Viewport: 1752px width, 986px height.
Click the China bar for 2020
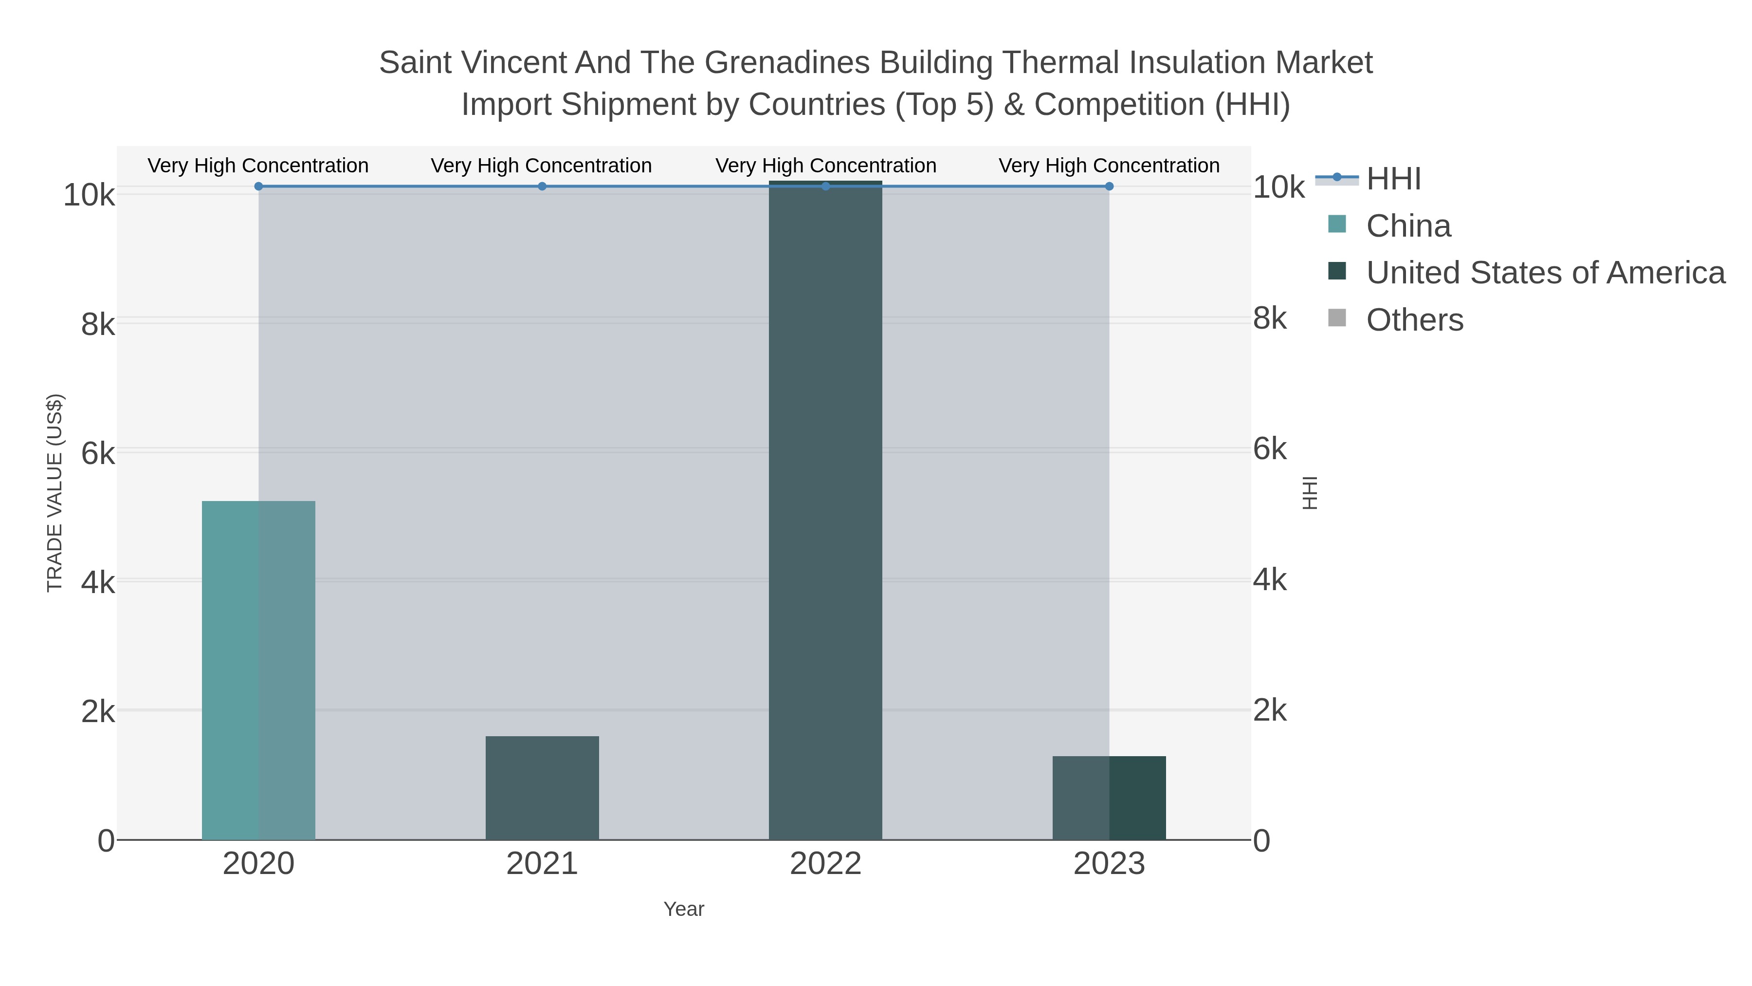tap(258, 670)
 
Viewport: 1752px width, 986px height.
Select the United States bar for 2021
tap(542, 788)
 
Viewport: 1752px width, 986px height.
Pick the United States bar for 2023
tap(1109, 798)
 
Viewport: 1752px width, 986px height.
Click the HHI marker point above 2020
tap(258, 186)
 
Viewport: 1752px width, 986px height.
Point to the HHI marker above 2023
tap(1109, 186)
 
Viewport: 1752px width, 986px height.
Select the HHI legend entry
tap(1393, 179)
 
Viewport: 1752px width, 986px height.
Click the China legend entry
tap(1408, 226)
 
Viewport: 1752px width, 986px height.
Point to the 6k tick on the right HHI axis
tap(1270, 449)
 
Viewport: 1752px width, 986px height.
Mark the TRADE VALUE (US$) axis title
tap(55, 493)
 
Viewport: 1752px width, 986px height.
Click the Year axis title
tap(684, 909)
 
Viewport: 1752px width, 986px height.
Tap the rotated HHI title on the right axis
tap(1310, 493)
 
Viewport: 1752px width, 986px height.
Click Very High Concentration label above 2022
tap(826, 166)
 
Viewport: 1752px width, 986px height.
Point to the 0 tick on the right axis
tap(1261, 841)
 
